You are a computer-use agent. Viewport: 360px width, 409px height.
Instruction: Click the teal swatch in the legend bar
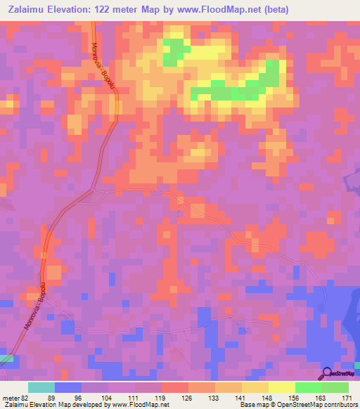[41, 387]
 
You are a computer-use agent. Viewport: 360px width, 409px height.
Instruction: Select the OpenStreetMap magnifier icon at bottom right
[326, 373]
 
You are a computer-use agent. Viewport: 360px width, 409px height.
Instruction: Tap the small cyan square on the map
[6, 359]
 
